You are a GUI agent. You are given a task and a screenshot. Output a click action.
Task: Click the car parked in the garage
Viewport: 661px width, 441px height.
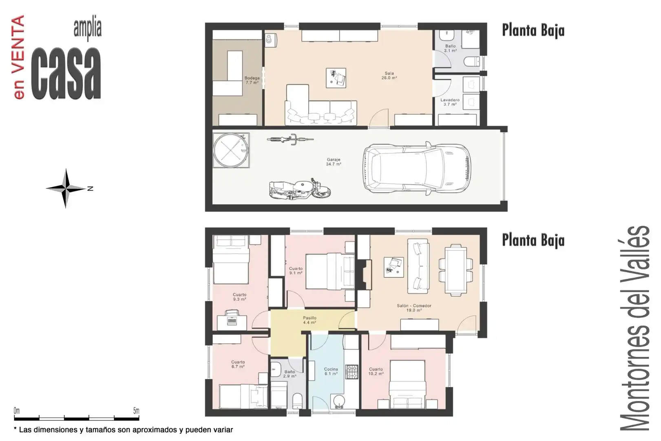pos(417,168)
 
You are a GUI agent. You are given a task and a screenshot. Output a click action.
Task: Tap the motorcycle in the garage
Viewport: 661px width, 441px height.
pos(300,189)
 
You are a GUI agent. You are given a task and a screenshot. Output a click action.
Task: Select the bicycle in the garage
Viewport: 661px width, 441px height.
pos(290,139)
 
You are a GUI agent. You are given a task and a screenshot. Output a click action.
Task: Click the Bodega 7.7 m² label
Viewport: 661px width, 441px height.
pos(252,80)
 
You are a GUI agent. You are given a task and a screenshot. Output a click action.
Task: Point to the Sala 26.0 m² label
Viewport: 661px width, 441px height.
pos(389,76)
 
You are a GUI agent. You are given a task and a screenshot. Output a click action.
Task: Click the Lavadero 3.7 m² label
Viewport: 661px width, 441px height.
pos(450,102)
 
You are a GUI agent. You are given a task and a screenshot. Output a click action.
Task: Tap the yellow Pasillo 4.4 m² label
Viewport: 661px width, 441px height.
pos(309,320)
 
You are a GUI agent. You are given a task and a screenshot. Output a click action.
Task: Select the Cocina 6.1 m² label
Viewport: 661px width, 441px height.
pos(331,371)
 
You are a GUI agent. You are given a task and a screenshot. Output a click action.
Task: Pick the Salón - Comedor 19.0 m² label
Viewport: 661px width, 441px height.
pos(414,308)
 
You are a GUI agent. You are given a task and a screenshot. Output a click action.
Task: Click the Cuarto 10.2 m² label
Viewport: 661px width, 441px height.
pos(376,371)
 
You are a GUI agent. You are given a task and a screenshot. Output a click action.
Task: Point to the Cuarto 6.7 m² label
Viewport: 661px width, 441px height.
pos(238,364)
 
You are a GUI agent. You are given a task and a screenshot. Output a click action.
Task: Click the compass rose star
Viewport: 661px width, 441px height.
pos(66,188)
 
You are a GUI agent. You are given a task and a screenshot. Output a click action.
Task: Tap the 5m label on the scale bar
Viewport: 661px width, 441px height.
pos(136,410)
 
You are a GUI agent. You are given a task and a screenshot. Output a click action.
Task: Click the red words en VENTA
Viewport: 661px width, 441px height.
pos(19,57)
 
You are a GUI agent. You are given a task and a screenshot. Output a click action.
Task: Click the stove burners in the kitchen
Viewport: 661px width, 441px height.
pos(352,372)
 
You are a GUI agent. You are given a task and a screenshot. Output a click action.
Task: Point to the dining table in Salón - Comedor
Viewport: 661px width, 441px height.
pos(456,270)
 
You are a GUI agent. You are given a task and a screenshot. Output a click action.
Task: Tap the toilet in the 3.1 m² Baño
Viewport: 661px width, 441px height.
pos(472,62)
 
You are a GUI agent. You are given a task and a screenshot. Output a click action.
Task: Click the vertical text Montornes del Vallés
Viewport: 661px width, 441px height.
pos(635,328)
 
